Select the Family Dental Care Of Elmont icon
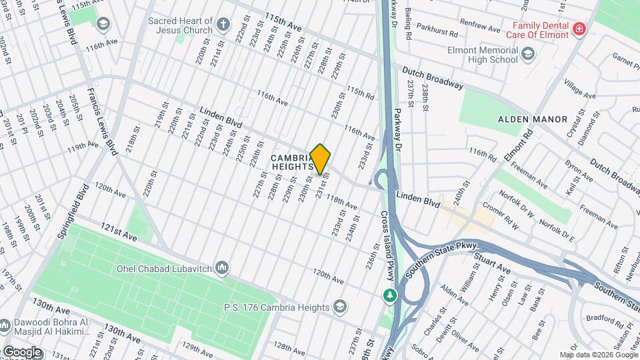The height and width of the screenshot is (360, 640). pyautogui.click(x=578, y=29)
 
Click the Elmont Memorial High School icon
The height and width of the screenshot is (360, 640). pyautogui.click(x=527, y=54)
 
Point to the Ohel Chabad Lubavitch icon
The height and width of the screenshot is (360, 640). pyautogui.click(x=223, y=268)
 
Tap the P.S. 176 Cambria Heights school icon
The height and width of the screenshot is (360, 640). pyautogui.click(x=339, y=307)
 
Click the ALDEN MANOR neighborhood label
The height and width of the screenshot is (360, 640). pyautogui.click(x=533, y=119)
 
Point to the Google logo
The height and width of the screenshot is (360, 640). pyautogui.click(x=22, y=351)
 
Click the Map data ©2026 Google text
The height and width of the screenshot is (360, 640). pyautogui.click(x=598, y=355)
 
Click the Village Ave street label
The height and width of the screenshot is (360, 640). pyautogui.click(x=580, y=89)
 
